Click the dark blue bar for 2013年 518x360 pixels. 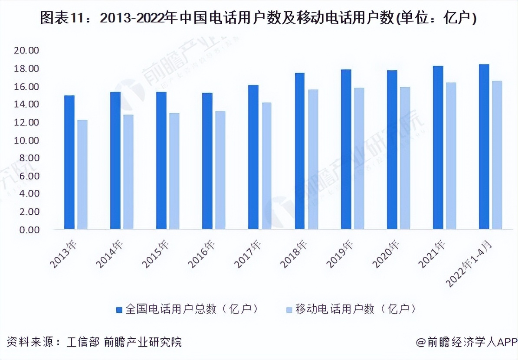pyautogui.click(x=69, y=162)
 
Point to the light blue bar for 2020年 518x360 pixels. pyautogui.click(x=405, y=158)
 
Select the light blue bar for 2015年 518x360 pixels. pyautogui.click(x=174, y=171)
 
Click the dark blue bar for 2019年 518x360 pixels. pyautogui.click(x=346, y=149)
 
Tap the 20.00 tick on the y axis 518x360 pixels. pyautogui.click(x=26, y=51)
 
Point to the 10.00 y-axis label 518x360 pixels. pyautogui.click(x=26, y=141)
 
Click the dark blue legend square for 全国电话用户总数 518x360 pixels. pyautogui.click(x=118, y=309)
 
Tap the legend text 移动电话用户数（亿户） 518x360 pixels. pyautogui.click(x=356, y=309)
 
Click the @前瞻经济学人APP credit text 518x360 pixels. pyautogui.click(x=466, y=342)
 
